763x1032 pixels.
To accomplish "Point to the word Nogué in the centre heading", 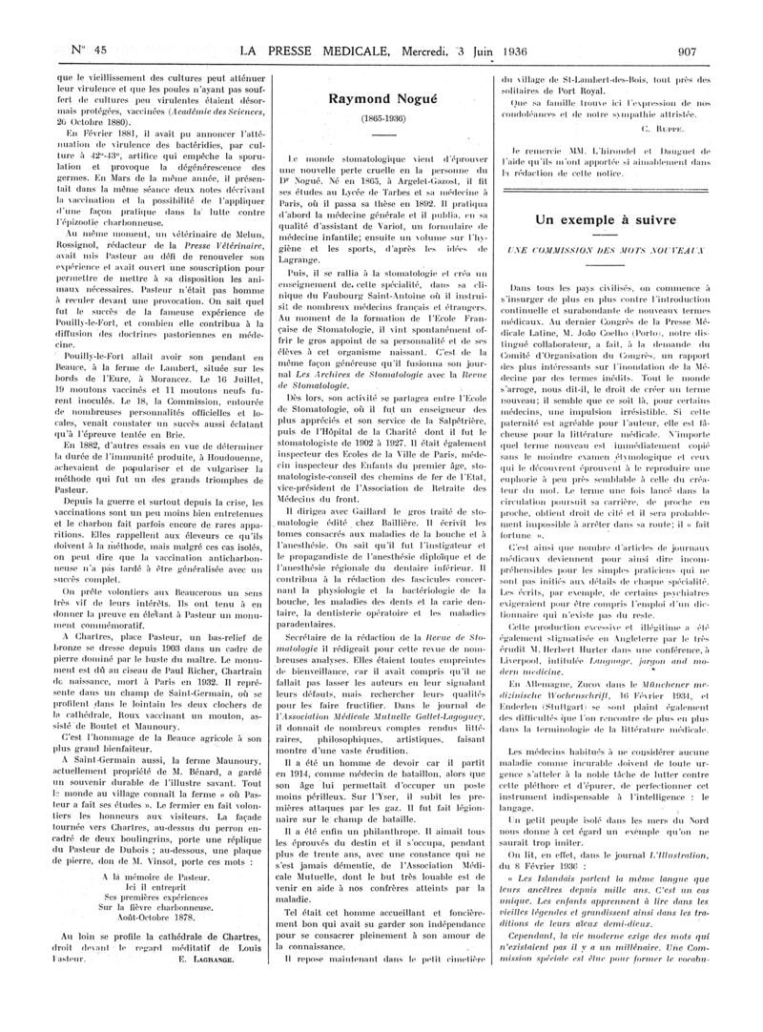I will point(408,97).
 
